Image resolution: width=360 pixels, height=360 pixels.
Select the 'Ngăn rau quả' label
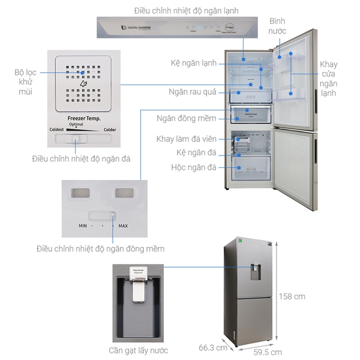192,93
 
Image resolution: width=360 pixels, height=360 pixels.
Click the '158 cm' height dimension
292,296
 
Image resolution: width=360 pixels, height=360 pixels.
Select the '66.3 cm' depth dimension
213,347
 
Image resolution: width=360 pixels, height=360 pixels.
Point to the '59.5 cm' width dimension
267,352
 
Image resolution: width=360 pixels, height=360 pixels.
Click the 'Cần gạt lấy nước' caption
138,350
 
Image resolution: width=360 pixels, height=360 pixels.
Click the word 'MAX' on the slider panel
122,226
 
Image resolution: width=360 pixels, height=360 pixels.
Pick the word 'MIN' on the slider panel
83,226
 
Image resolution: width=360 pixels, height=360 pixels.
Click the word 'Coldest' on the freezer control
60,129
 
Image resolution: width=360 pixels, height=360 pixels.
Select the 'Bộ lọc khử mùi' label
25,82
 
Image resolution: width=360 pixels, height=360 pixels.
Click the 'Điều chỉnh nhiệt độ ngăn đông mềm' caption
100,248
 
